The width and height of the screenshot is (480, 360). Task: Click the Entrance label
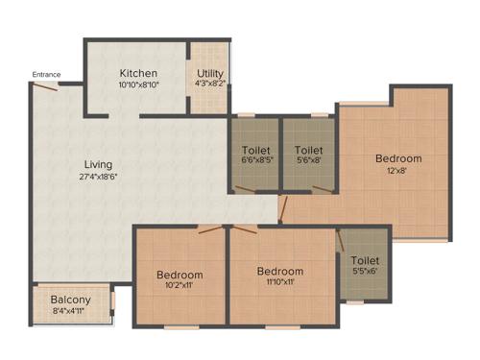[x=46, y=75]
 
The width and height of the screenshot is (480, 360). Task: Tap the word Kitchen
[x=138, y=74]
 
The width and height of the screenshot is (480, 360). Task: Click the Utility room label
[x=210, y=74]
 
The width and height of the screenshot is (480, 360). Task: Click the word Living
[x=98, y=164]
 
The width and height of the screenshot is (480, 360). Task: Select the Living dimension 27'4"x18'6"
[x=98, y=177]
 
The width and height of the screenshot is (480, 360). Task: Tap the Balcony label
[x=71, y=299]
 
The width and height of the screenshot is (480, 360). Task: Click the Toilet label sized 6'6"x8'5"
[x=256, y=151]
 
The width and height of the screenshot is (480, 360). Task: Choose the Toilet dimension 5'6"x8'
[x=308, y=162]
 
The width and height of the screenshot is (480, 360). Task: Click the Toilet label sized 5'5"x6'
[x=365, y=260]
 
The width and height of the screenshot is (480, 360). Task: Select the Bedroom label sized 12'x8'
[x=397, y=158]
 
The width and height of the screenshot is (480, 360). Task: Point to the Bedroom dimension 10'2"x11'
[x=180, y=286]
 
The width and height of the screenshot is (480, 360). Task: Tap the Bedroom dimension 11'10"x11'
[x=280, y=283]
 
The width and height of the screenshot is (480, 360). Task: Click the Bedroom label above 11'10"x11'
[x=280, y=271]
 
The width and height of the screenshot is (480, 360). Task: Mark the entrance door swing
[x=44, y=87]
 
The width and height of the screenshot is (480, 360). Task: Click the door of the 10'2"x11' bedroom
[x=208, y=229]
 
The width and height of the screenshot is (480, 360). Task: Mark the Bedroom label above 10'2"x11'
[x=180, y=275]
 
